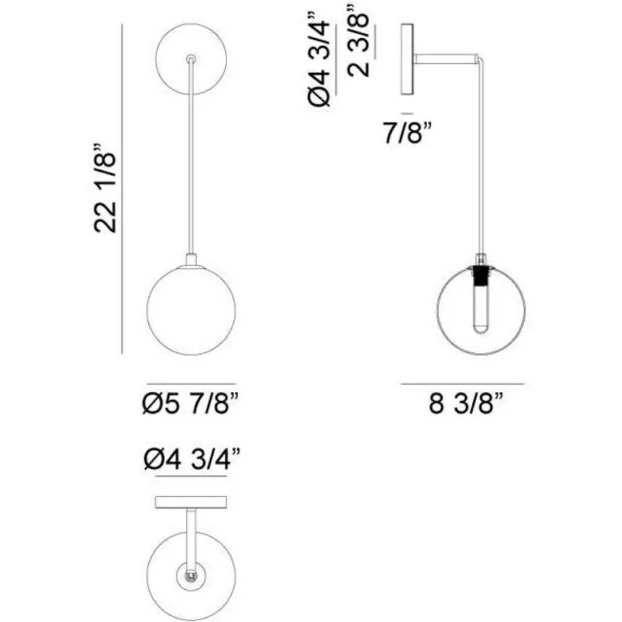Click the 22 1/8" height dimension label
(105, 187)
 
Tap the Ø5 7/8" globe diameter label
(191, 404)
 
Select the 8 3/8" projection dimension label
(466, 404)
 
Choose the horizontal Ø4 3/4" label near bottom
(192, 459)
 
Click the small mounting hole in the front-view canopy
(191, 59)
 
